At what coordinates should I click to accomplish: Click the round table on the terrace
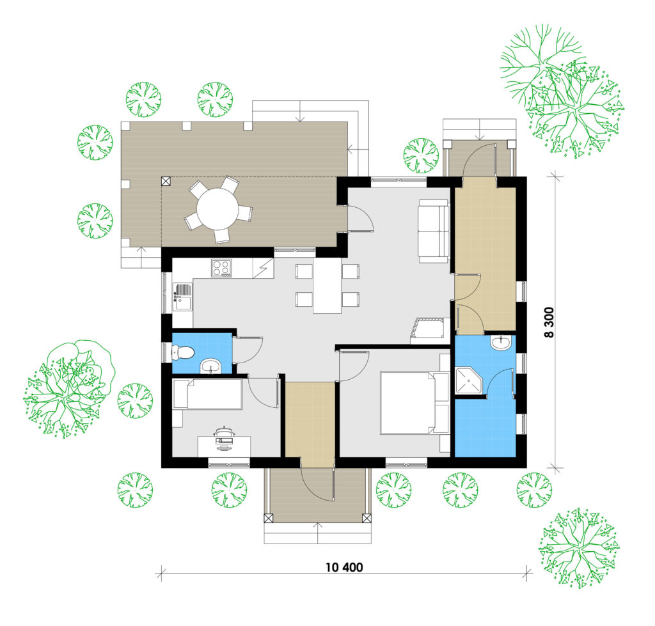pyautogui.click(x=217, y=209)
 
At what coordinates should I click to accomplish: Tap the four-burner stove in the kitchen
pyautogui.click(x=221, y=268)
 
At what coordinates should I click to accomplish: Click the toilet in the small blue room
pyautogui.click(x=183, y=352)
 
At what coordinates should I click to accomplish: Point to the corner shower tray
pyautogui.click(x=470, y=381)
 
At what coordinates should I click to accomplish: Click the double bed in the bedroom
pyautogui.click(x=414, y=403)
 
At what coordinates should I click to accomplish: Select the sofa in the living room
pyautogui.click(x=434, y=231)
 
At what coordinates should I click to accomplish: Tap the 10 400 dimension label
pyautogui.click(x=344, y=567)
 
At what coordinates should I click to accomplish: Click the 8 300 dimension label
pyautogui.click(x=549, y=322)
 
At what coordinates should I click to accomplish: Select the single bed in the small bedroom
pyautogui.click(x=207, y=394)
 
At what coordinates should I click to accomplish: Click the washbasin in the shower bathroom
pyautogui.click(x=500, y=343)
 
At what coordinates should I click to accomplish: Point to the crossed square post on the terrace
pyautogui.click(x=166, y=181)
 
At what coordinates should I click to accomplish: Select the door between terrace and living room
pyautogui.click(x=361, y=219)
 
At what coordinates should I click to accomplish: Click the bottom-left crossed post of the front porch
pyautogui.click(x=269, y=518)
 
